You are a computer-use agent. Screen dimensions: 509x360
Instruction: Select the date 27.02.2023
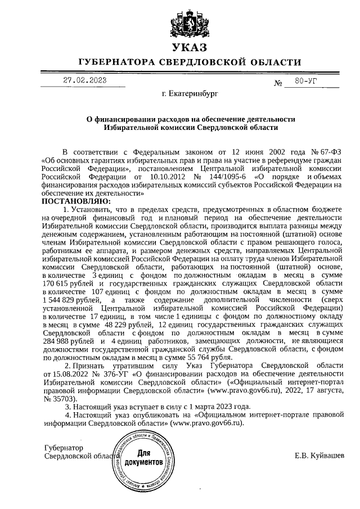pyautogui.click(x=84, y=80)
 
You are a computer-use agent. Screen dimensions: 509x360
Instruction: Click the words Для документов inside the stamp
pyautogui.click(x=144, y=457)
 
